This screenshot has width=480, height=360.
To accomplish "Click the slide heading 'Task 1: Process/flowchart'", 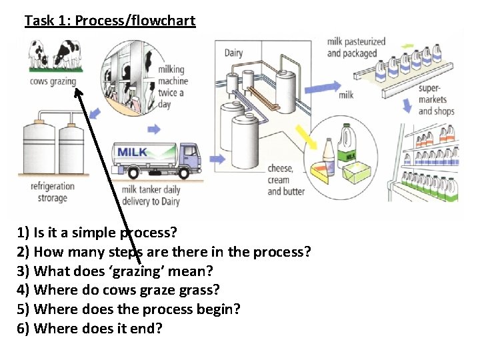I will coord(110,21).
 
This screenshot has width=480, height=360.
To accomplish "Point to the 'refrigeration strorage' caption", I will coord(52,192).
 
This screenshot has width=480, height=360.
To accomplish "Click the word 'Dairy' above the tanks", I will coord(233,53).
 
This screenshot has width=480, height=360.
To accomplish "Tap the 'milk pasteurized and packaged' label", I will coord(356,47).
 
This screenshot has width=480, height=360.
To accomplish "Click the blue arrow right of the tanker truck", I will coord(217,159).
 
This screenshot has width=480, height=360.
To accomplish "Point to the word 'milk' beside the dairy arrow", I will coord(346,95).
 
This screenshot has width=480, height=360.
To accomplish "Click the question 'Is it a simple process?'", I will coord(97,233).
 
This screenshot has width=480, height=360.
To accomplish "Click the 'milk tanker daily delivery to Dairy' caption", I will coord(151,195).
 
